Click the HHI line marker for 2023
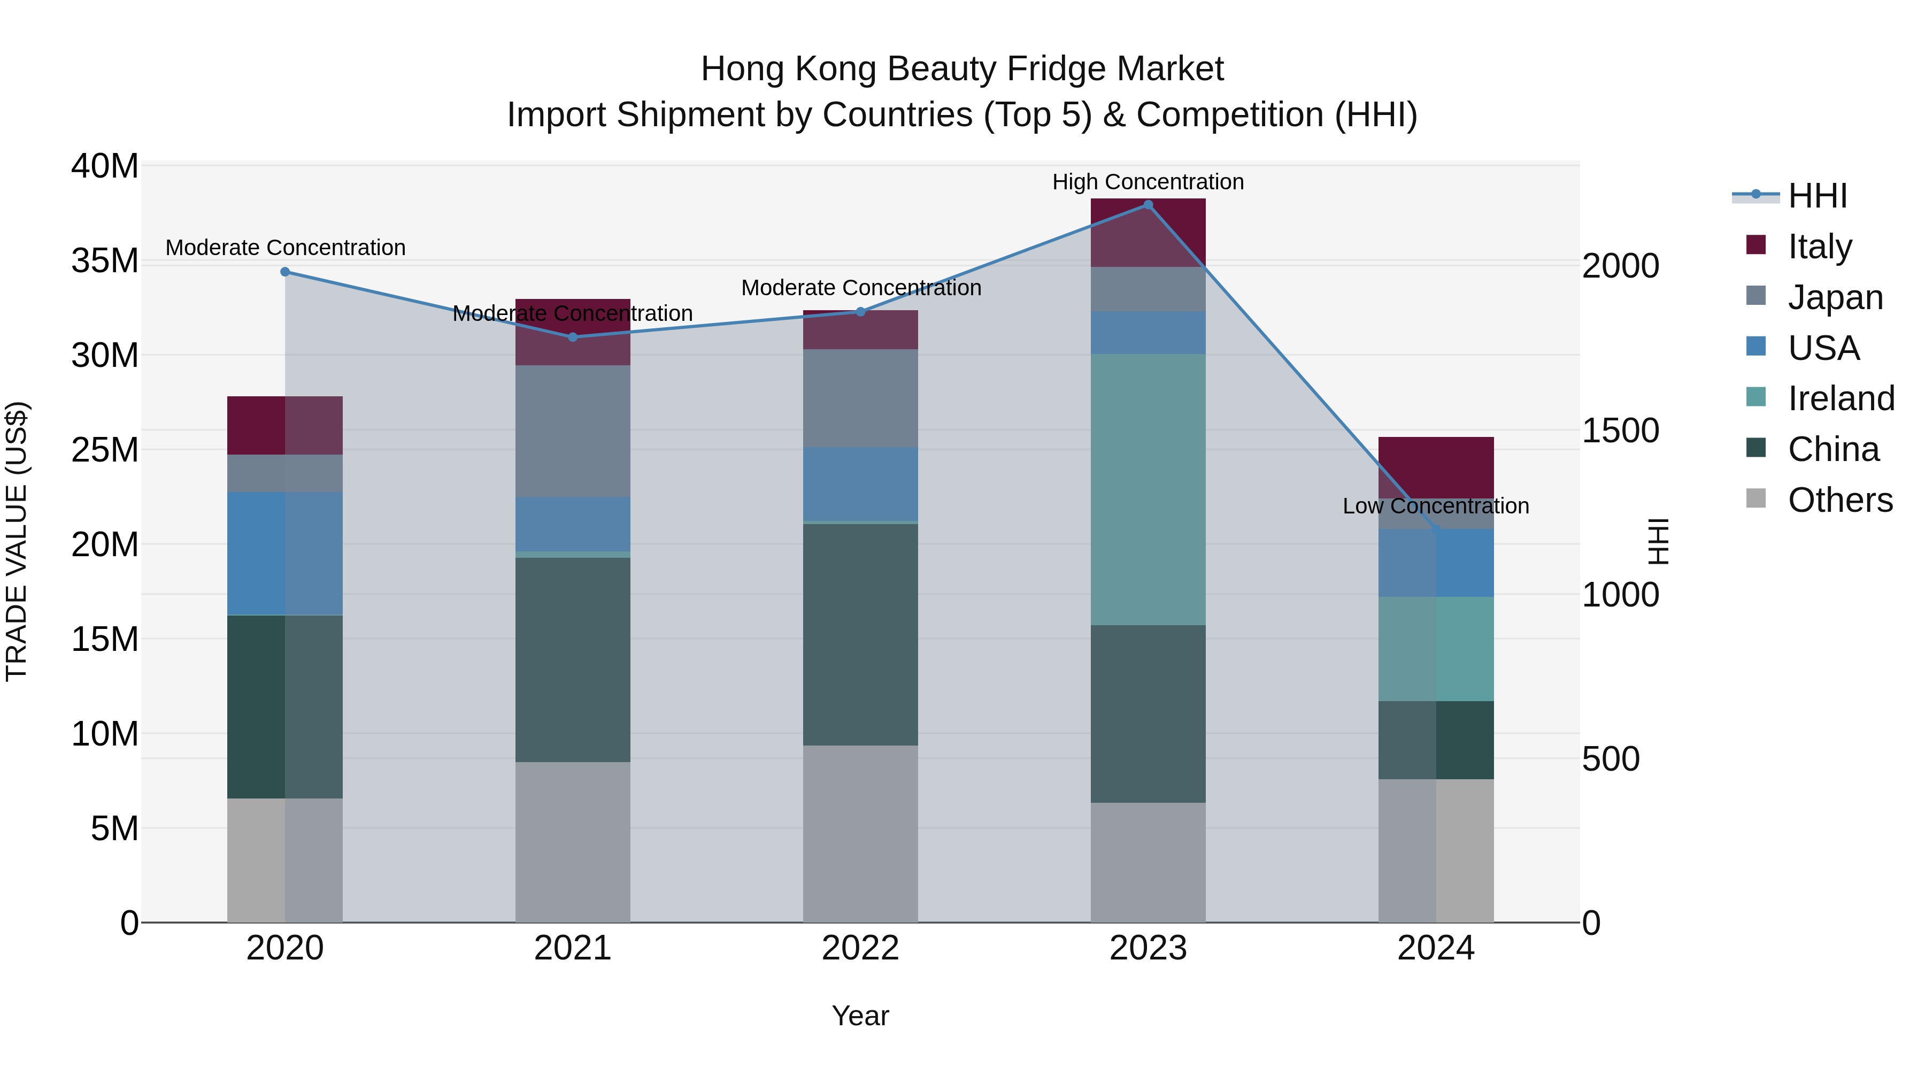coord(1148,205)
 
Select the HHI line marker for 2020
coord(284,272)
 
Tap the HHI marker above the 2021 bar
coord(572,337)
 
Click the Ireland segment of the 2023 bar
coord(1148,489)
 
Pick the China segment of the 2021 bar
coord(572,660)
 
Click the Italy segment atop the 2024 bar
coord(1436,467)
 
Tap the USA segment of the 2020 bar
coord(284,553)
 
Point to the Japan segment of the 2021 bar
coord(572,431)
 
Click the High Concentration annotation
coord(1148,182)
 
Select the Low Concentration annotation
coord(1436,506)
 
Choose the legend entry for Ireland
coord(1841,398)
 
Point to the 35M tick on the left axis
coord(105,261)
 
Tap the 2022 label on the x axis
coord(860,948)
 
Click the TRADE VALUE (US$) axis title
coord(17,542)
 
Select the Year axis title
coord(860,1016)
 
